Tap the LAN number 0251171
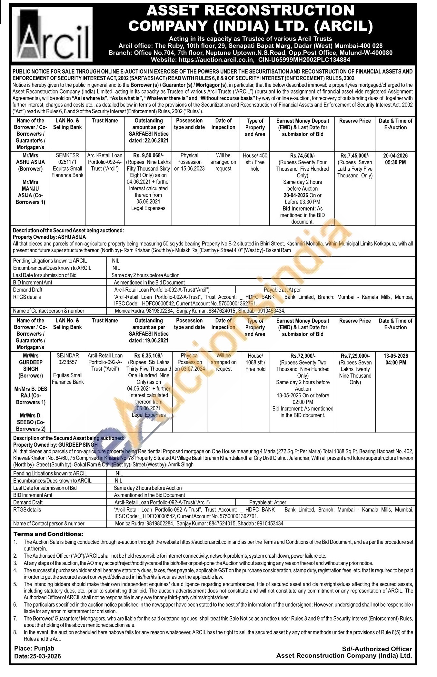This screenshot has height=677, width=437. point(67,162)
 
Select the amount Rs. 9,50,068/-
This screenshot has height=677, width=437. point(148,155)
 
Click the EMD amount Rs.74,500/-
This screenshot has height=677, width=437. point(303,155)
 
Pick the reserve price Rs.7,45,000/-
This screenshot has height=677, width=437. point(355,155)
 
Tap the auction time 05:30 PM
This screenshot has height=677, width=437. point(395,162)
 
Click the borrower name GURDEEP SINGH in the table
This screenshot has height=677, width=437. point(31,365)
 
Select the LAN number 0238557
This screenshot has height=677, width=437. point(67,362)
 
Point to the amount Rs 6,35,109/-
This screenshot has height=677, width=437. point(148,355)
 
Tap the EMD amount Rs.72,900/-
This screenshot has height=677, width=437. point(303,356)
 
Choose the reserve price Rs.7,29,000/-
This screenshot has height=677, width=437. point(355,356)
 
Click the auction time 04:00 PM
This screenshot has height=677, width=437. point(395,363)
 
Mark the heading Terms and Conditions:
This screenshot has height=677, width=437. point(48,534)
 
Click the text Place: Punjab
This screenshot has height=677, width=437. point(34,648)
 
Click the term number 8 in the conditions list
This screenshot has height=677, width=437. point(15,632)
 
